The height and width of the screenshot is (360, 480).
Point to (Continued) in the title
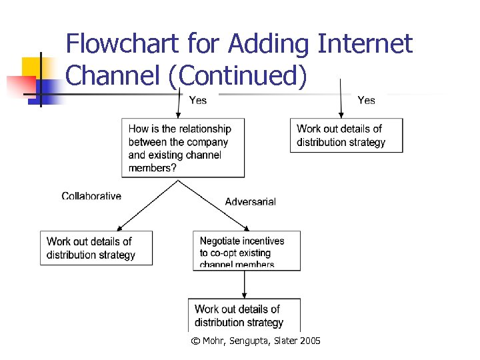point(238,77)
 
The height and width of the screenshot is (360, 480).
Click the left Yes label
point(198,100)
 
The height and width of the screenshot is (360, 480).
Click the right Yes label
point(366,100)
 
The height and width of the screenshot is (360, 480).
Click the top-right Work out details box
point(346,135)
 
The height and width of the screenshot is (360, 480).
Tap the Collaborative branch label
point(91,196)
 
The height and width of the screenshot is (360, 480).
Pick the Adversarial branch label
point(250,201)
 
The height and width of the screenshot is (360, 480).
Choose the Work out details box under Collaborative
point(96,248)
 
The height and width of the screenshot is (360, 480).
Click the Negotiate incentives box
point(247,251)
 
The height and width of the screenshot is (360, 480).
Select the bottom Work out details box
point(244,315)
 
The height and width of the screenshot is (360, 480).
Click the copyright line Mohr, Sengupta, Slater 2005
point(255,341)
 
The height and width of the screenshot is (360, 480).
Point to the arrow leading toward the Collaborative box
point(146,206)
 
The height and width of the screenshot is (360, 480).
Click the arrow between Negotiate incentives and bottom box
point(245,284)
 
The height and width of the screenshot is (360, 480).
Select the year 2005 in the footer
point(309,341)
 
